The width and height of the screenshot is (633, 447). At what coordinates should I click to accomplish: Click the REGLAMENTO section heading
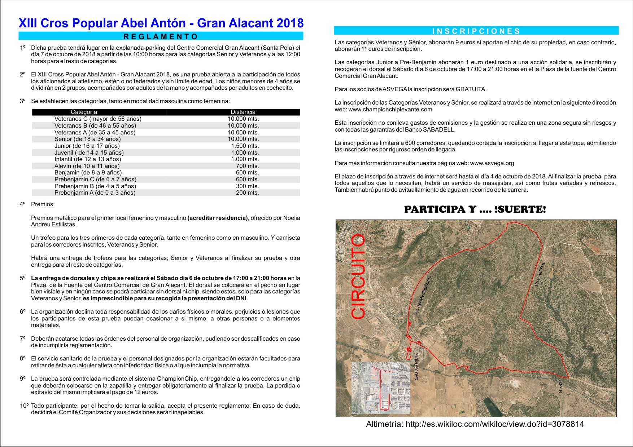click(x=161, y=36)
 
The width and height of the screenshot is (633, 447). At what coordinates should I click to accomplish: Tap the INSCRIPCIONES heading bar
click(x=476, y=31)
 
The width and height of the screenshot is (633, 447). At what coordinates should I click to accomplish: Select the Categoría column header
click(x=84, y=112)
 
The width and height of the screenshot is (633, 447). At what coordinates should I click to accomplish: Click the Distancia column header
click(x=243, y=112)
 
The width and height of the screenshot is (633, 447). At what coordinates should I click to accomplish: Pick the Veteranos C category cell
click(x=98, y=119)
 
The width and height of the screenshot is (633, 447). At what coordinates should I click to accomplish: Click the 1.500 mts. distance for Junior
click(x=245, y=146)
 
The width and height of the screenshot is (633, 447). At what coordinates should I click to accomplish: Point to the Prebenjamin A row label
click(x=95, y=193)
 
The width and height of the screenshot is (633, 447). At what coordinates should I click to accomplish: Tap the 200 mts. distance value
click(x=247, y=193)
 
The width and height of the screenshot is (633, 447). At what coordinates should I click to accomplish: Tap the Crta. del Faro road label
click(x=540, y=274)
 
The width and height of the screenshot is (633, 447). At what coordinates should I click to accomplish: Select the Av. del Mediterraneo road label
click(x=423, y=295)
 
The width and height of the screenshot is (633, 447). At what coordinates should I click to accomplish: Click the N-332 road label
click(x=560, y=387)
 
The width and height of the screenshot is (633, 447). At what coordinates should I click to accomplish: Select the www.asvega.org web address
click(x=492, y=163)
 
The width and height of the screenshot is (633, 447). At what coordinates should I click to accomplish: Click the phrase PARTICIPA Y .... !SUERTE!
click(x=475, y=209)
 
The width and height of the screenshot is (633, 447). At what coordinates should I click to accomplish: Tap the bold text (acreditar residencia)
click(x=218, y=218)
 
